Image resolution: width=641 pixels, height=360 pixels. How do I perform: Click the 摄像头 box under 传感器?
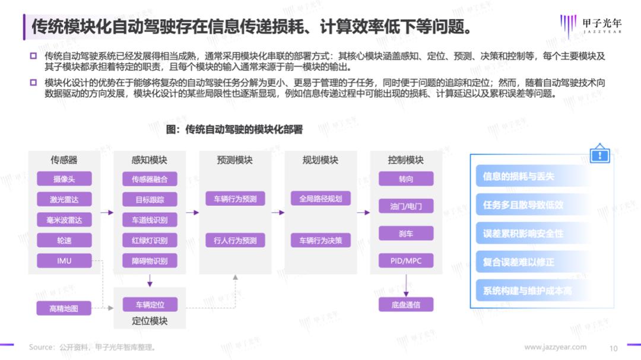64,179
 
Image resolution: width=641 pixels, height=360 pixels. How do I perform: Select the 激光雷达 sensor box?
64,199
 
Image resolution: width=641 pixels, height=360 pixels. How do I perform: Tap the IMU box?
64,260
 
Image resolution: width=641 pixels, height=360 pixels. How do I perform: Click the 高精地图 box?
64,308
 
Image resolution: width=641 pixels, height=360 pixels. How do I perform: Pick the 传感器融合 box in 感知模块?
150,179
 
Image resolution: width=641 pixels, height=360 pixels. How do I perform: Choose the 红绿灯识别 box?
150,240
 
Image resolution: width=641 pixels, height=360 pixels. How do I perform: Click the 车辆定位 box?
150,305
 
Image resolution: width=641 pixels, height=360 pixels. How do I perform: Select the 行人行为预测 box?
235,240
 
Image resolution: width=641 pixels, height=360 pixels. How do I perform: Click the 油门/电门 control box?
406,206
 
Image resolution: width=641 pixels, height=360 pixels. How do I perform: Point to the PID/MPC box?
406,260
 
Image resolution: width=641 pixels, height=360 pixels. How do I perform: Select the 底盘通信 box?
406,305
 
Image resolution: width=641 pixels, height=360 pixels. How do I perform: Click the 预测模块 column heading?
235,160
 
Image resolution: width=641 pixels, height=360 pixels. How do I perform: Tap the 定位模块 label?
150,321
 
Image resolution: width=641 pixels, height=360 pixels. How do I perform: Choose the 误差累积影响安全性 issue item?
523,234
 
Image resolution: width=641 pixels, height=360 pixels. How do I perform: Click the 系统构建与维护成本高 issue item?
527,291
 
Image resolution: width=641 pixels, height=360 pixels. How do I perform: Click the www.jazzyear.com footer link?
556,347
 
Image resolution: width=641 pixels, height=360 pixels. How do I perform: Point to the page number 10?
614,348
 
